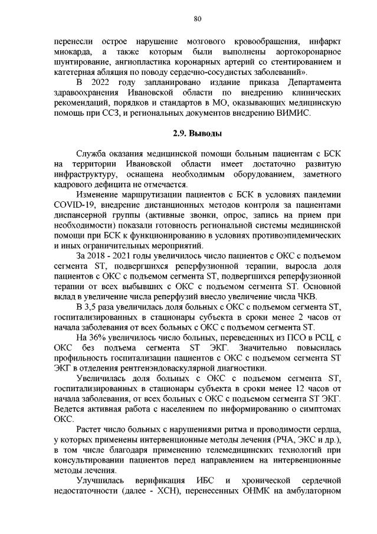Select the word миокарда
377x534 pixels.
[x=70, y=51]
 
